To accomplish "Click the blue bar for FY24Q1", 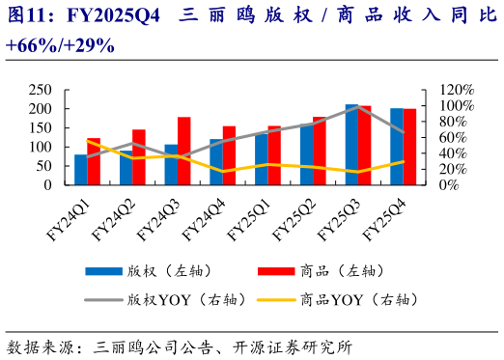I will point(81,170).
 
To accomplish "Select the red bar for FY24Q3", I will point(183,152).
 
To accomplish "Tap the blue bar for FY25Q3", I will point(351,145).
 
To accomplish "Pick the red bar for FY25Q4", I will point(409,147).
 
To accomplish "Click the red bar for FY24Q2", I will point(139,157).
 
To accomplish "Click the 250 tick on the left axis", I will point(41,89).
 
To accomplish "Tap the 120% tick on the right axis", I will point(457,89).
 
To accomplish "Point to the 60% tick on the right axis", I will point(454,137).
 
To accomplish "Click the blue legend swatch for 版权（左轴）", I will point(101,270).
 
